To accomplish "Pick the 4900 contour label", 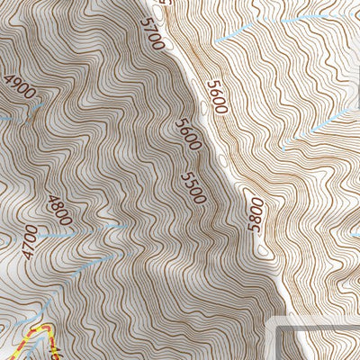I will point(19,91).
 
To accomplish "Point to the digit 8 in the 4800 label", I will point(58,206).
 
